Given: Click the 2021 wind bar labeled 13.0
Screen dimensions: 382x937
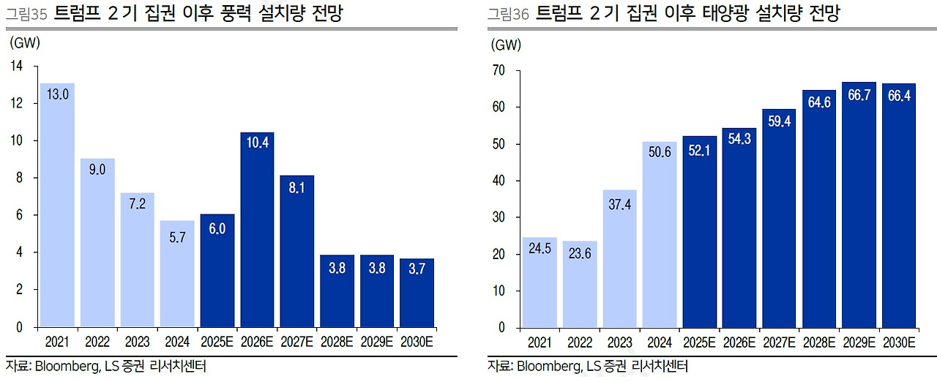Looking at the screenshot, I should (x=58, y=205).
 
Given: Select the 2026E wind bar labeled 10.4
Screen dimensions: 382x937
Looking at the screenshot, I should (x=258, y=230).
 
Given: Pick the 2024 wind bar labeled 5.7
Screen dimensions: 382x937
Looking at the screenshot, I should (x=178, y=274).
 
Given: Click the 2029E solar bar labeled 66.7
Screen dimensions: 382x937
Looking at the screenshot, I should (x=859, y=205).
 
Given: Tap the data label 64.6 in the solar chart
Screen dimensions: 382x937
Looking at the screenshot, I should (x=818, y=102).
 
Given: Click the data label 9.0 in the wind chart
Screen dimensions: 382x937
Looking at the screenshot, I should (x=97, y=170).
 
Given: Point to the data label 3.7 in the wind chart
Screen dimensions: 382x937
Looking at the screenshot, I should (x=417, y=269).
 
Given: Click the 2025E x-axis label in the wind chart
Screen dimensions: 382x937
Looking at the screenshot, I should (x=217, y=341).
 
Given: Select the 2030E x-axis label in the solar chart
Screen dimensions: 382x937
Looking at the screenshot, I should (x=899, y=342).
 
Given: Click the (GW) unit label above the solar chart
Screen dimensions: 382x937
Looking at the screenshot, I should (x=507, y=45).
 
